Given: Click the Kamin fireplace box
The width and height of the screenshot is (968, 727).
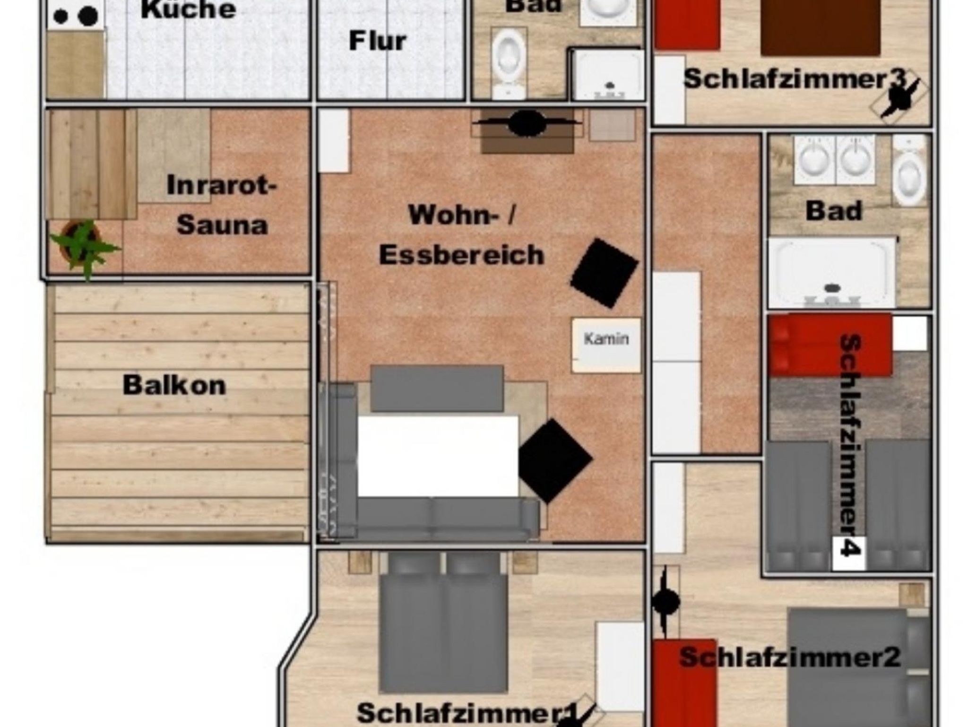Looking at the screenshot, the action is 606,345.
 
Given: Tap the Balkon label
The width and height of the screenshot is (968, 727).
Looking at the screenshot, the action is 174,385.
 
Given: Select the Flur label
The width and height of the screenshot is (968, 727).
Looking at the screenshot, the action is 378,41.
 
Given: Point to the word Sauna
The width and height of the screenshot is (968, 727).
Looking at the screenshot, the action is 222,225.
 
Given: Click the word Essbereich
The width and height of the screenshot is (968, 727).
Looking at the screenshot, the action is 462,255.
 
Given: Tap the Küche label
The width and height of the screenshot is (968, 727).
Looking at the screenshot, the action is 188,9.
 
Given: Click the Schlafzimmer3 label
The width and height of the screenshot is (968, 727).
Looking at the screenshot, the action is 794,78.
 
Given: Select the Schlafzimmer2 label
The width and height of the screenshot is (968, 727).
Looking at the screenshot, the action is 789,657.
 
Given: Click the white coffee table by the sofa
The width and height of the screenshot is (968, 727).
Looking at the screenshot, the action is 438,456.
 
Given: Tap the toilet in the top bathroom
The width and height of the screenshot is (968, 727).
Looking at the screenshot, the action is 508,61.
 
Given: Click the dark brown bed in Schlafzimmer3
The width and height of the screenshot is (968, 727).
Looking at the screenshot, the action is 821,27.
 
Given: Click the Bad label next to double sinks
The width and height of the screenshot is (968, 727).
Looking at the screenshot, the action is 834,211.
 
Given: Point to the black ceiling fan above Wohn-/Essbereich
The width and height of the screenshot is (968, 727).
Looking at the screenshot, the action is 527,123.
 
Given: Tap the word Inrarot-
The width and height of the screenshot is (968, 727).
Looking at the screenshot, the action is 221,185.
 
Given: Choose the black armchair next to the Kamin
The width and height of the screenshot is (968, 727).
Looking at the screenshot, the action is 605,273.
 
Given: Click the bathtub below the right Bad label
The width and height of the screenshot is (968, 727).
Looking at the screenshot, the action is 831,273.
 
